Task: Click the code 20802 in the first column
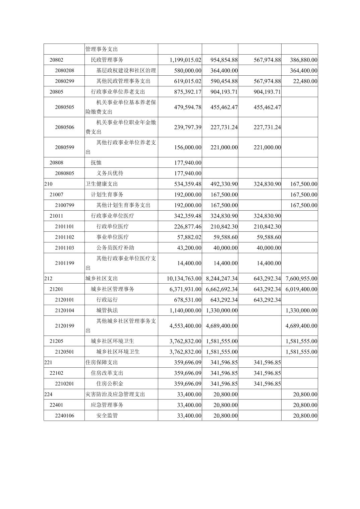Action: [x=56, y=60]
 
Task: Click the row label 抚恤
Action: [x=96, y=163]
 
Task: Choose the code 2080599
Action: [x=64, y=147]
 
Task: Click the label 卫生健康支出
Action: [x=102, y=184]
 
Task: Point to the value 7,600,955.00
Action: [x=301, y=279]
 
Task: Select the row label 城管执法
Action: [x=107, y=310]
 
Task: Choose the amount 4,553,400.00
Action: [x=185, y=326]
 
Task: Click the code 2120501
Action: [x=64, y=352]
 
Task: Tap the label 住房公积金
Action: [x=110, y=384]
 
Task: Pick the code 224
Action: [x=48, y=394]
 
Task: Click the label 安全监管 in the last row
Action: [x=107, y=416]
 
